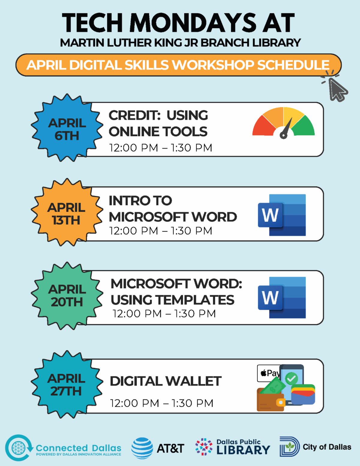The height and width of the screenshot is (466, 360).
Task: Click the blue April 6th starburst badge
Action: click(67, 128)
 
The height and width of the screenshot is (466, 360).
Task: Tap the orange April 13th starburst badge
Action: click(67, 212)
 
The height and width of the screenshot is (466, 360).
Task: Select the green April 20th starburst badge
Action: click(67, 296)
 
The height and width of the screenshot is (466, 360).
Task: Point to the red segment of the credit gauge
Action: click(263, 127)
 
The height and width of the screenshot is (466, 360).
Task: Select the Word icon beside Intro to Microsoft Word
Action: click(282, 215)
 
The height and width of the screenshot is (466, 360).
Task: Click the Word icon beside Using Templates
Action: click(282, 298)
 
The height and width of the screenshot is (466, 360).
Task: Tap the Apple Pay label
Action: click(269, 373)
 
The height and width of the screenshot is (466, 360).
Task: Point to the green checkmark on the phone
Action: click(291, 378)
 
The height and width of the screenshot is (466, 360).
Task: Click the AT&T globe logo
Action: click(142, 448)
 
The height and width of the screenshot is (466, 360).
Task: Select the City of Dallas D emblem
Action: click(289, 447)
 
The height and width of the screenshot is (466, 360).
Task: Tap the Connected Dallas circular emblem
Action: click(19, 448)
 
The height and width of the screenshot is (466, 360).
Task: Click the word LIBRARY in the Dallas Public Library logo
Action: click(243, 450)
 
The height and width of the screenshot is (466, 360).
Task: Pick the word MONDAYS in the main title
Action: click(193, 23)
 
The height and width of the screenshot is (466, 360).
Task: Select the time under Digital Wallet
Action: click(162, 403)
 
